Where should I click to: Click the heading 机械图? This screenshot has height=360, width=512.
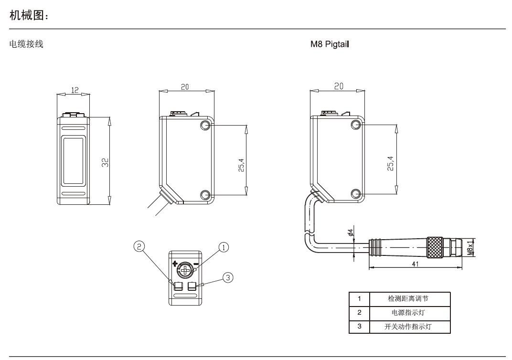point(29,16)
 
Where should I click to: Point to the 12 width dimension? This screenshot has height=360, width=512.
point(74,89)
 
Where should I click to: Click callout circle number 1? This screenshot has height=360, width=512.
point(223,247)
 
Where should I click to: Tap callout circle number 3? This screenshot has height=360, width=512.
point(229,277)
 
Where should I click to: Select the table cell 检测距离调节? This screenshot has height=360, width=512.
point(408,299)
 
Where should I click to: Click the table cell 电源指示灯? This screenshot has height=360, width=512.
point(408,313)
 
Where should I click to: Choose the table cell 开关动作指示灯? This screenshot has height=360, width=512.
point(408,327)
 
